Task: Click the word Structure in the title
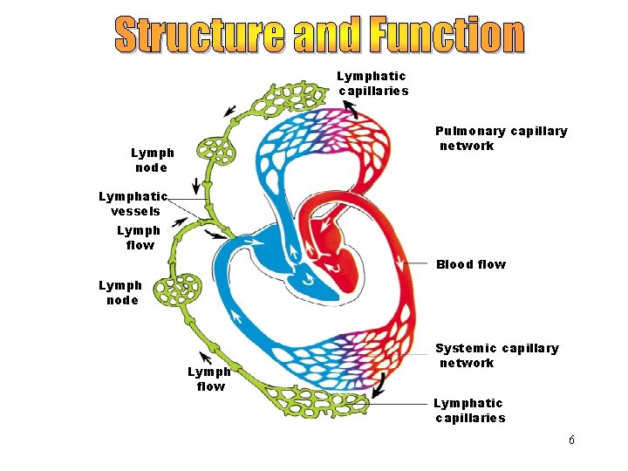click(200, 35)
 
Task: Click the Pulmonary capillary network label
click(501, 139)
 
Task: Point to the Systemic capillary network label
click(496, 356)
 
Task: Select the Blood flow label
click(470, 264)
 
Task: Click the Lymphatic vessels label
click(134, 204)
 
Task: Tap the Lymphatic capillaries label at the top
click(372, 84)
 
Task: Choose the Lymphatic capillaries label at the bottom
click(469, 410)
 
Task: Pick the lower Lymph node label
click(119, 293)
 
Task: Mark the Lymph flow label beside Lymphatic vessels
click(139, 237)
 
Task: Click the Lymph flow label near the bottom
click(209, 379)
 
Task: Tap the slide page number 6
click(571, 440)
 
